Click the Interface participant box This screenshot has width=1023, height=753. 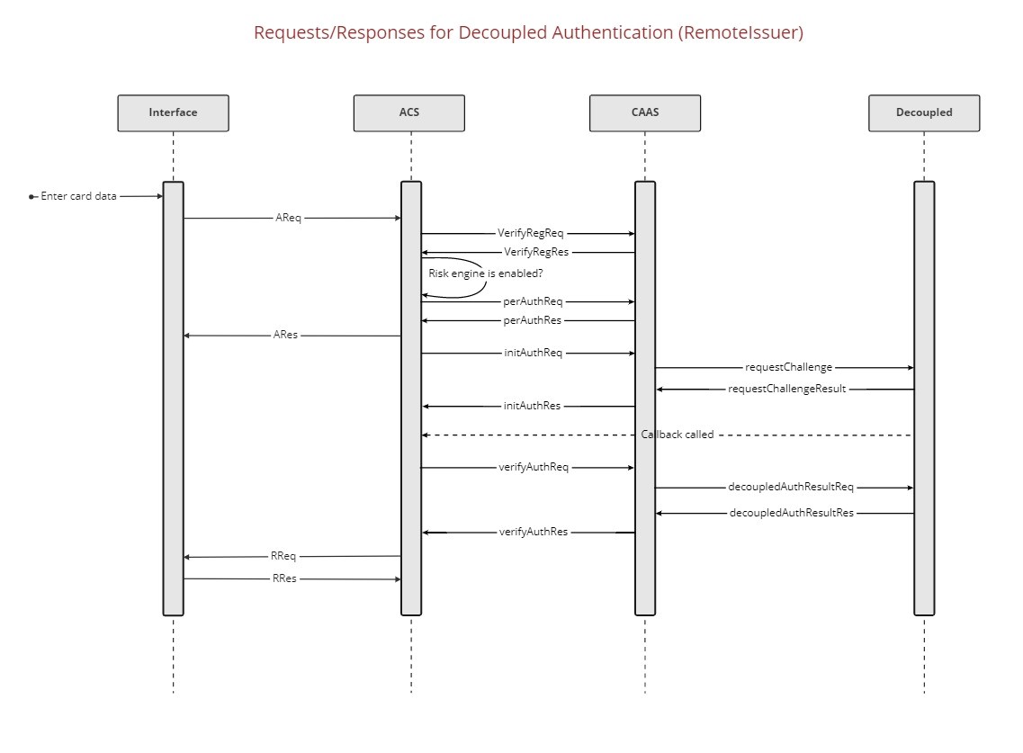point(173,112)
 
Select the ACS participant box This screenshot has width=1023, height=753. point(409,112)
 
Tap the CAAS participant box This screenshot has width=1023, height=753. point(644,112)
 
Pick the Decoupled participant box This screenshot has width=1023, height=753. point(924,112)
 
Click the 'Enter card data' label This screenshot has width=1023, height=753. point(78,196)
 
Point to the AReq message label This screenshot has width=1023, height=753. point(288,218)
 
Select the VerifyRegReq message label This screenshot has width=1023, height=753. point(530,234)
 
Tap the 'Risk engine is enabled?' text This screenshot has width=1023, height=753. point(486,273)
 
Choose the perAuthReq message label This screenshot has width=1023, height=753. point(533,302)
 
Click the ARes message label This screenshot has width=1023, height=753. point(285,335)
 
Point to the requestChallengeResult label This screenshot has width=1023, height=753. point(786,390)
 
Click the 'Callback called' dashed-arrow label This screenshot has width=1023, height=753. point(677,435)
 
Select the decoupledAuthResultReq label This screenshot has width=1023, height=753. point(790,488)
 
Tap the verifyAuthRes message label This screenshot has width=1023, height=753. point(534,532)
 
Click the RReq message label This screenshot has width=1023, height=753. point(283,556)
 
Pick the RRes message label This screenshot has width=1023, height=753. point(284,578)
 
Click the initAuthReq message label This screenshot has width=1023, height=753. point(533,354)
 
